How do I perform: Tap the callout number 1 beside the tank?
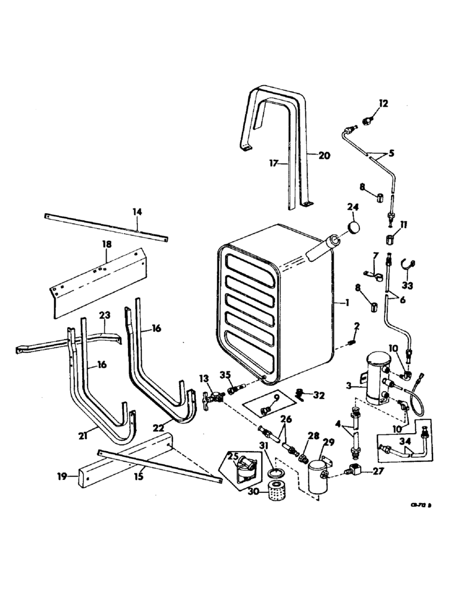[x=346, y=303]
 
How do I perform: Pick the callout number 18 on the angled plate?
[x=107, y=245]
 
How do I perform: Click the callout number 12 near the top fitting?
[x=383, y=104]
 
